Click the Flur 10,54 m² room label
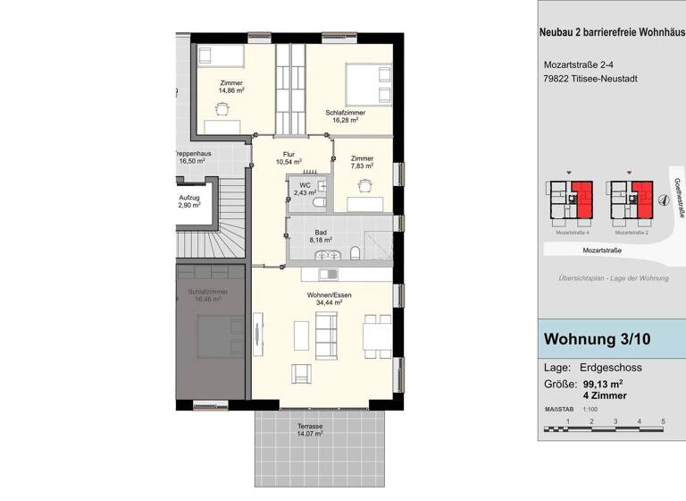tap(289, 157)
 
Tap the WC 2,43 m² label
tap(305, 189)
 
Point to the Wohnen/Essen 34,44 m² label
tap(322, 298)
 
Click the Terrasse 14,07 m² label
tap(310, 430)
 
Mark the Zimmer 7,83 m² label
tap(362, 162)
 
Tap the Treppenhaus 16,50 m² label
tap(195, 157)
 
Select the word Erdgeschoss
tap(612, 368)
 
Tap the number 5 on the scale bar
tap(663, 420)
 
